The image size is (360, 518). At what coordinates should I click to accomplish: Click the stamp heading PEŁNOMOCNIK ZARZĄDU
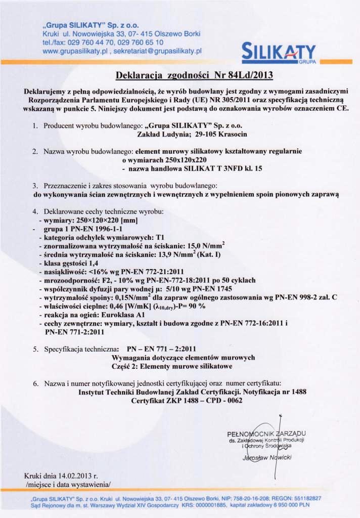pos(266,434)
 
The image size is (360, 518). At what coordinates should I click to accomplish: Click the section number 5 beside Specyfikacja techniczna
pos(35,349)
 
